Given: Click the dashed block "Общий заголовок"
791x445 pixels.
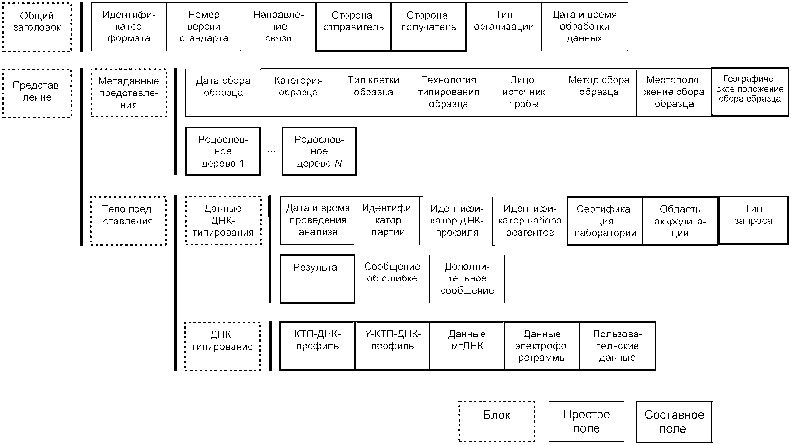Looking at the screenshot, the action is (x=37, y=27).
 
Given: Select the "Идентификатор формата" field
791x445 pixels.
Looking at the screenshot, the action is (x=129, y=27).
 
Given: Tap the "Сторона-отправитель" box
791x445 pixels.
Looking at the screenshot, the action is (x=353, y=27).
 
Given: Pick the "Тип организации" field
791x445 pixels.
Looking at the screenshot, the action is (x=504, y=27).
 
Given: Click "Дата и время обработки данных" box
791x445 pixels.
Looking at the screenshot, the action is (x=584, y=27).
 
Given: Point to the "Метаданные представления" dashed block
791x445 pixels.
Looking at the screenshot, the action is (x=129, y=93).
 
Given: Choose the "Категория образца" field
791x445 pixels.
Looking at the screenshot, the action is (x=298, y=93).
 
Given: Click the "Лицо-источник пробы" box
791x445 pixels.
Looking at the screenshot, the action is (x=524, y=93).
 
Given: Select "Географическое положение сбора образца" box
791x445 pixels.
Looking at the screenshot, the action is (x=750, y=92).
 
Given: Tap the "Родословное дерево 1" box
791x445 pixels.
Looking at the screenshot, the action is (x=223, y=151).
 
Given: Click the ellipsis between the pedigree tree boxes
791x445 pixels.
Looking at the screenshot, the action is (x=271, y=152).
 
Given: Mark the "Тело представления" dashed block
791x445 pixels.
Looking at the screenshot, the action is (x=128, y=221).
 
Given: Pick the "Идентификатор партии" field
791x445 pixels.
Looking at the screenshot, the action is (x=387, y=221).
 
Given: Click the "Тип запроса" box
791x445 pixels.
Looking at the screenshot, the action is (x=753, y=220).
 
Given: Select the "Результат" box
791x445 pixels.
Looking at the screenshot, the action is (x=317, y=279).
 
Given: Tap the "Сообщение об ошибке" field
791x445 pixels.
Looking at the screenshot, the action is (x=392, y=279).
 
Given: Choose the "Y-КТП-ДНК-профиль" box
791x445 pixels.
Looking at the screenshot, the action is (x=392, y=346).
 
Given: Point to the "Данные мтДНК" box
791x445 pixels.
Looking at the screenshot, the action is (x=467, y=346).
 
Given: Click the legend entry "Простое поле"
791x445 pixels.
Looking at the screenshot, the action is (x=586, y=421).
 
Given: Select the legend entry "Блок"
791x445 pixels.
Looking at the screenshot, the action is (x=497, y=421).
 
